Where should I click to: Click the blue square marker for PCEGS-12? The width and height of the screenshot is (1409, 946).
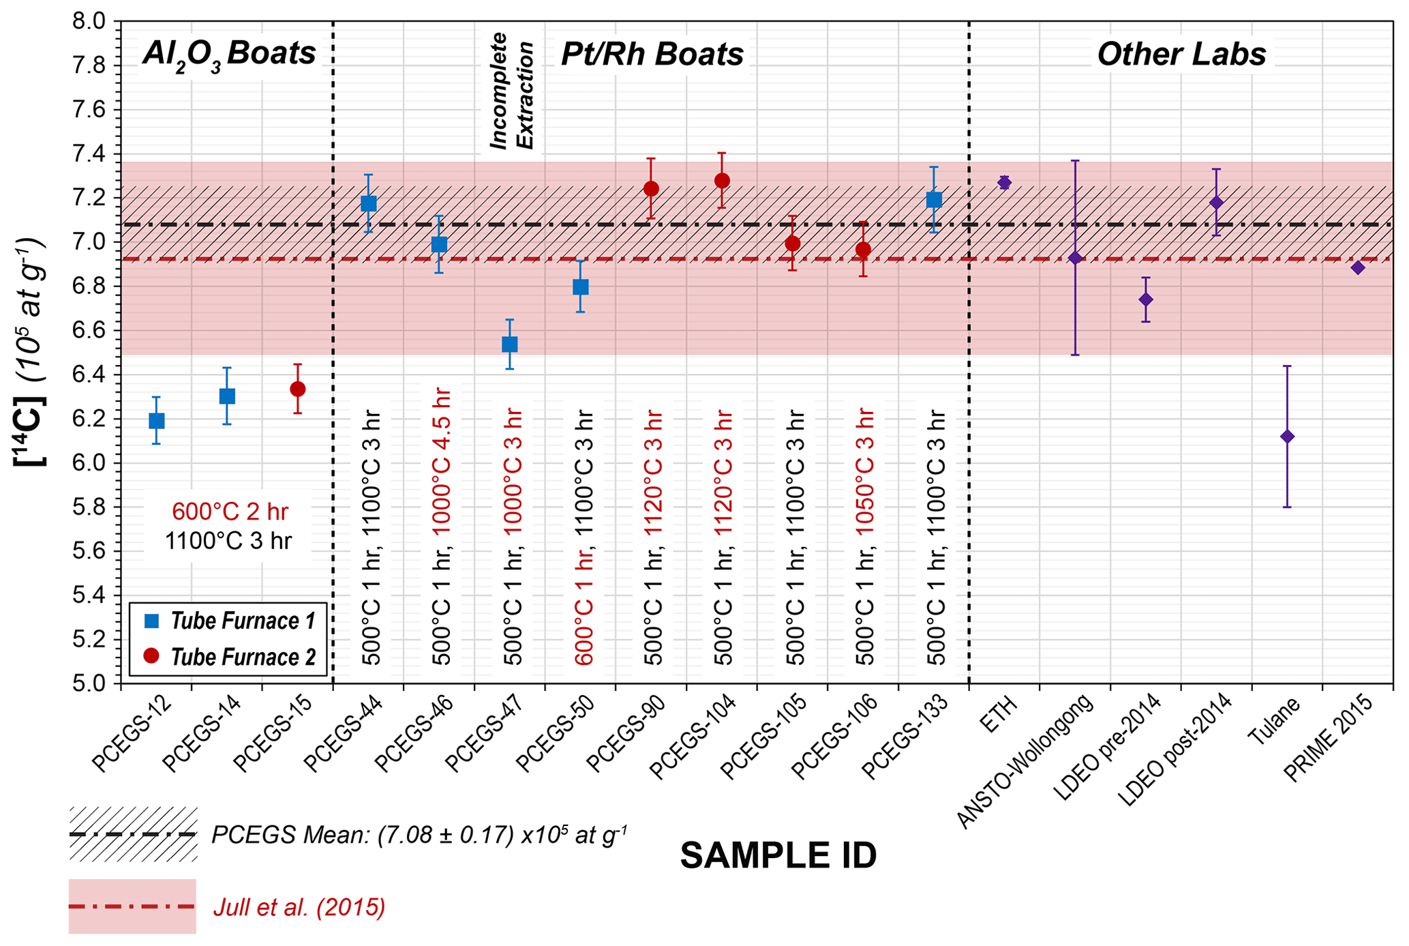point(156,421)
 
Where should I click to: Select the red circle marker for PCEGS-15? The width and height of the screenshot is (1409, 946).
point(297,389)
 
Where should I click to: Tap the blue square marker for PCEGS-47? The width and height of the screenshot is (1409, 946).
point(509,344)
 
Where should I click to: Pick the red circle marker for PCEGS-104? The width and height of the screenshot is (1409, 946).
point(722,181)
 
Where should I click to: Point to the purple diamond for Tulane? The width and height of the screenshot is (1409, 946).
point(1287,437)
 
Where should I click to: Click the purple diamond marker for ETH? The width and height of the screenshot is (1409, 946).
point(1004,182)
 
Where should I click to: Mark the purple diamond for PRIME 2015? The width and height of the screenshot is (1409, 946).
point(1358,268)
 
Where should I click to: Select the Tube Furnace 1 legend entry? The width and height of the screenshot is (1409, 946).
point(242,621)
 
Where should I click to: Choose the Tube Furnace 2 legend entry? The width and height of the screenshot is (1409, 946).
point(242,657)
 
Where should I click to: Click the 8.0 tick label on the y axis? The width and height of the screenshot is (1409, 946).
point(89,22)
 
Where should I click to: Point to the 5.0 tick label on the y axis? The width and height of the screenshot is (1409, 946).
point(89,683)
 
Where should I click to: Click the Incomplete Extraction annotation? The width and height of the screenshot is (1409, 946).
point(511,91)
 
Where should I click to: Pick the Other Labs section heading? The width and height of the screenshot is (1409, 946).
point(1181,54)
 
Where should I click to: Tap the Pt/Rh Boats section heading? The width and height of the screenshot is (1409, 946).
point(652,54)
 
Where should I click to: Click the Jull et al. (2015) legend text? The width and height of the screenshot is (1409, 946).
point(299,908)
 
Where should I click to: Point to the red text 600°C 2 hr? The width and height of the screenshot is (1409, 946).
point(230,512)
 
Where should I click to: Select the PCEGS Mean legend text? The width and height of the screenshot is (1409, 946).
point(419,835)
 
